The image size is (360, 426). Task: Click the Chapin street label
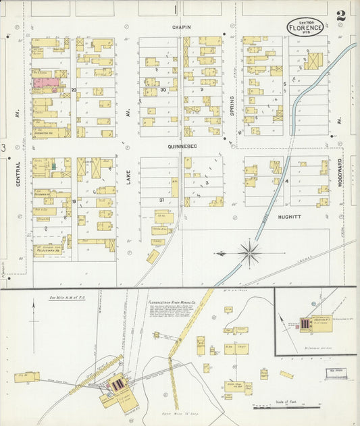[181, 28]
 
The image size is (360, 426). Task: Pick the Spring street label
[231, 105]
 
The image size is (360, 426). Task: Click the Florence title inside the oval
[305, 29]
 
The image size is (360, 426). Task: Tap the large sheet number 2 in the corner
[341, 15]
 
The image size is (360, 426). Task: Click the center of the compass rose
[250, 254]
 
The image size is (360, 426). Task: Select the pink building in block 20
[45, 83]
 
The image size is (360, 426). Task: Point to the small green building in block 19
[53, 165]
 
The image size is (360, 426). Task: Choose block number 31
[161, 200]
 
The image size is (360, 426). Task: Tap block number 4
[286, 181]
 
